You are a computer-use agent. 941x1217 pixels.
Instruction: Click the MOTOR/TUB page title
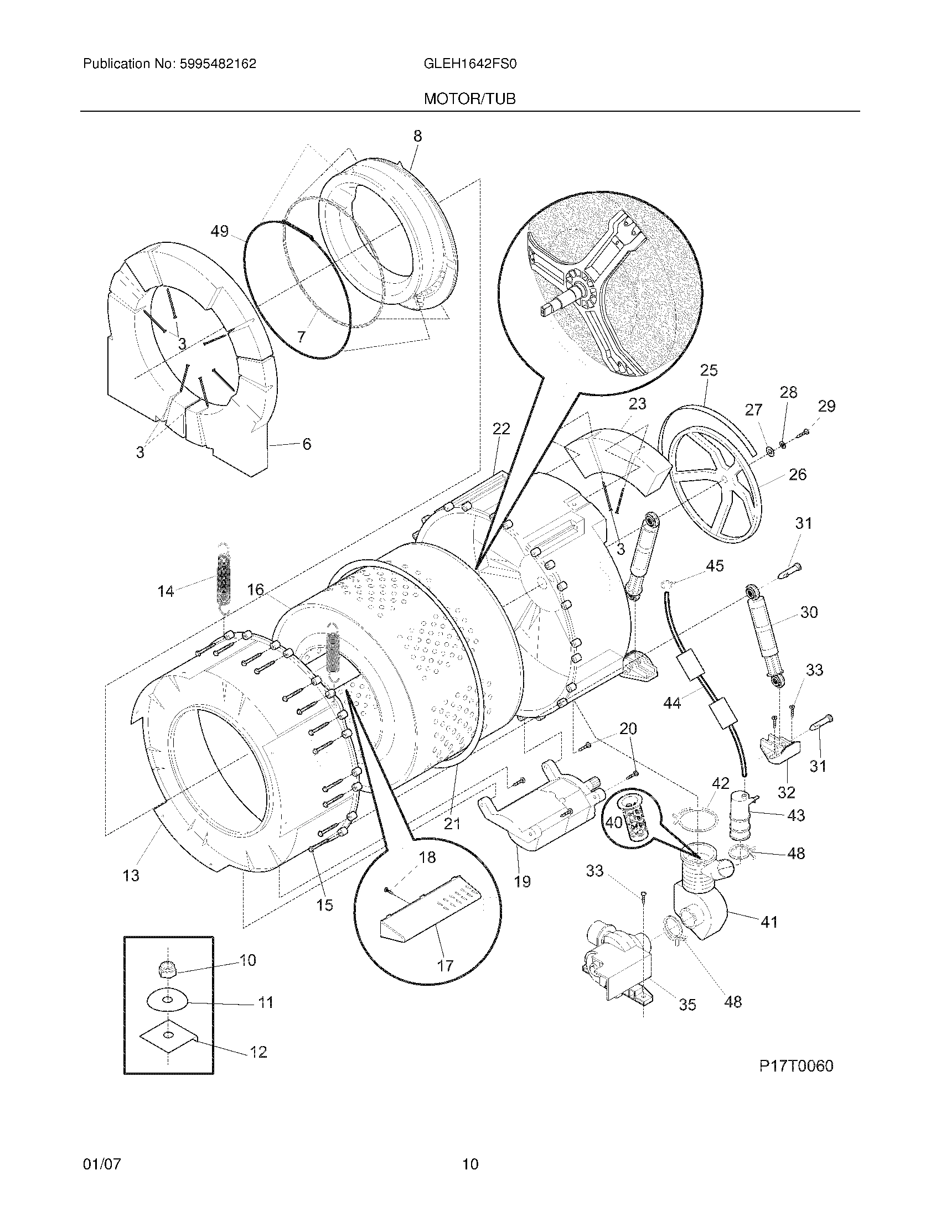tap(469, 99)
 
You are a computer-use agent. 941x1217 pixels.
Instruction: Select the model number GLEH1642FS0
tap(471, 64)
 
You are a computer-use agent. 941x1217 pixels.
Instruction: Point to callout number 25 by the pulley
tap(709, 370)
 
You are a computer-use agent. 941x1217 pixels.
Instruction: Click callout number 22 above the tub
tap(501, 429)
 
